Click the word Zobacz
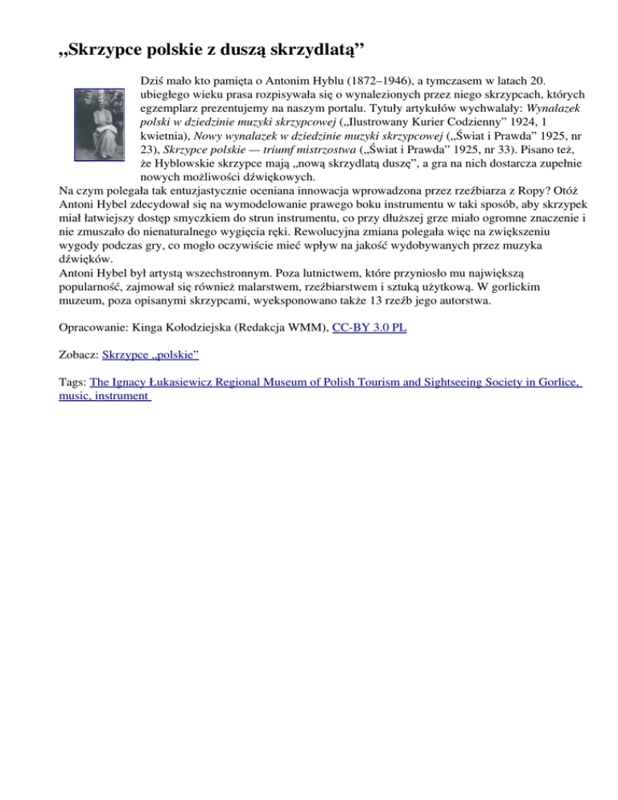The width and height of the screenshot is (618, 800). [x=79, y=353]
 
